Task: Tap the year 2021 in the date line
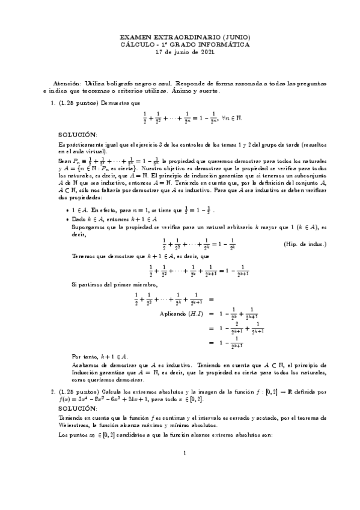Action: pyautogui.click(x=203, y=52)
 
